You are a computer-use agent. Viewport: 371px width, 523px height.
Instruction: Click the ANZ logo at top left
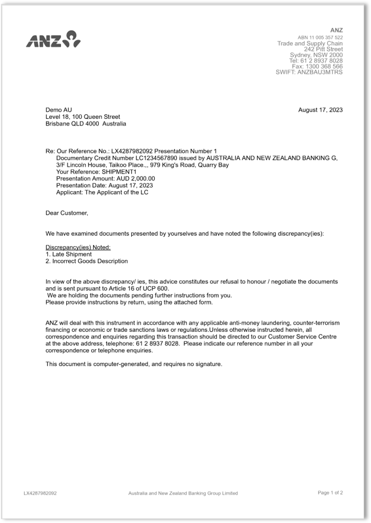[53, 39]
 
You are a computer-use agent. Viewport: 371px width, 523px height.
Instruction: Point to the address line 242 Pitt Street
[323, 49]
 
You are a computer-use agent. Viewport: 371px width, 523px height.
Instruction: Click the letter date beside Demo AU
[320, 110]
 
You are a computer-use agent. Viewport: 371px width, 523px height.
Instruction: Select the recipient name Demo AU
[59, 110]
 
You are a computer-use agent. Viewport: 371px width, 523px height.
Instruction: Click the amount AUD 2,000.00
[134, 178]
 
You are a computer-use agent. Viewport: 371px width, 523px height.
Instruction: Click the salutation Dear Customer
[67, 213]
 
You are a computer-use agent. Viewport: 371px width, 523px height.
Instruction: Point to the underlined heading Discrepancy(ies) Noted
[78, 247]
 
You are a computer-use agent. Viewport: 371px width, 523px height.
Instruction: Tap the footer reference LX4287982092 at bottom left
[40, 493]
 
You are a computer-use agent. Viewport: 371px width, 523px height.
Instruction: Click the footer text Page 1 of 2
[330, 492]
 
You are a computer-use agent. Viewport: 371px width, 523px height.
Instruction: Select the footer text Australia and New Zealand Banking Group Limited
[183, 493]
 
